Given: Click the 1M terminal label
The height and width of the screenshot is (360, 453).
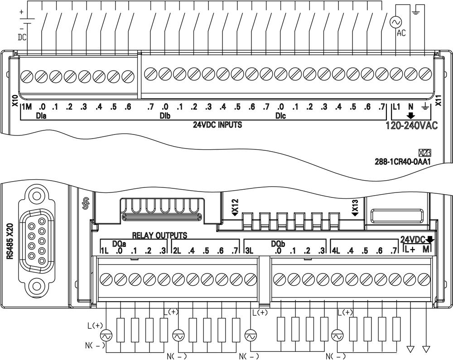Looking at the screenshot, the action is [27, 107].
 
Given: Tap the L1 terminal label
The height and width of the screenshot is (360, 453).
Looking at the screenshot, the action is [396, 107].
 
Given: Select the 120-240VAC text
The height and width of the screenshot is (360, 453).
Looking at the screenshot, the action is [412, 125].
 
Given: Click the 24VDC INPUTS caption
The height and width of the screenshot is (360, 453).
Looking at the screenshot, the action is [217, 125].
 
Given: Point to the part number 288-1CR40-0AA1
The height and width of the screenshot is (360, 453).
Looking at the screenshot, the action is [403, 162].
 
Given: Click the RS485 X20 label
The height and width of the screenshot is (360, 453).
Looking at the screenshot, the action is [11, 242].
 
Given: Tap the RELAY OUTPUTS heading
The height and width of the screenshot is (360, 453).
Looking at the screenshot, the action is [159, 235].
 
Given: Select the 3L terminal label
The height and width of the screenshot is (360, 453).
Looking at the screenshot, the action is [249, 251].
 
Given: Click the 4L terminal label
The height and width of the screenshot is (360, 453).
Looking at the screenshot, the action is [336, 251].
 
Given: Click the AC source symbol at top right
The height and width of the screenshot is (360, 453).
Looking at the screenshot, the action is [396, 22].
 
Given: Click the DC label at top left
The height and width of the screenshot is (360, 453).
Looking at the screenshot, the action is [22, 37].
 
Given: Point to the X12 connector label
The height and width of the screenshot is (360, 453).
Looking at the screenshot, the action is [235, 207].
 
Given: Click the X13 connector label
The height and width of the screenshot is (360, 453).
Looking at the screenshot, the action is [355, 207].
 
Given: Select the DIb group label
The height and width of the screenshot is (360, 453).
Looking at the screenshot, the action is [165, 116].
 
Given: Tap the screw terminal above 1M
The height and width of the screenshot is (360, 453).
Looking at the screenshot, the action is [27, 76].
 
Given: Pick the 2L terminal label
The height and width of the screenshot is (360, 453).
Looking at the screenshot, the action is [177, 251].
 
